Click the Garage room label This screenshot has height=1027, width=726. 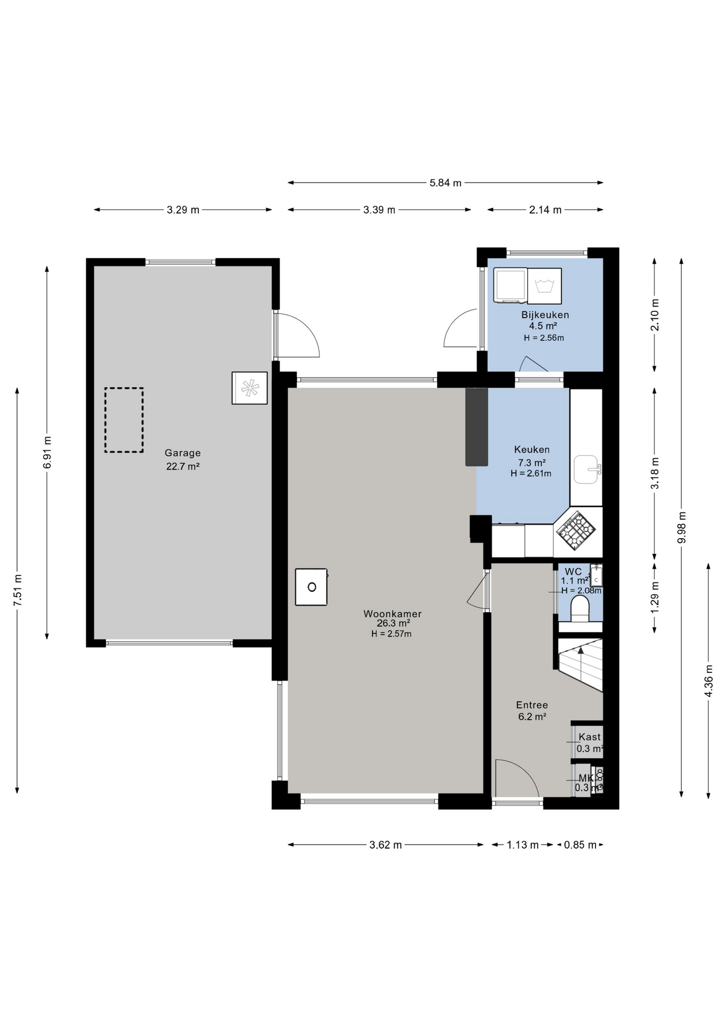click(182, 453)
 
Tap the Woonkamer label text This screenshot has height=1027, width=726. click(392, 614)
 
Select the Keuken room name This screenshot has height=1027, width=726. click(531, 449)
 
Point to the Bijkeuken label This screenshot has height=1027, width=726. click(545, 315)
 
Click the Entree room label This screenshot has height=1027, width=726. click(531, 705)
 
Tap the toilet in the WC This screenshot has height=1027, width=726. click(580, 609)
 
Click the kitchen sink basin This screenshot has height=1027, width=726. click(586, 469)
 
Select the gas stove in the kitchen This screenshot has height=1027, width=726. click(576, 530)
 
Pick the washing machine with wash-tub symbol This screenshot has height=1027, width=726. click(544, 286)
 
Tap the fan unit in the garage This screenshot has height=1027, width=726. click(250, 388)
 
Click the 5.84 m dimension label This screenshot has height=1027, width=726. click(445, 183)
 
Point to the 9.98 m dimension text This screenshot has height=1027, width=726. click(681, 527)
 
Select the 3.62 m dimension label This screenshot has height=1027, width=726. click(385, 845)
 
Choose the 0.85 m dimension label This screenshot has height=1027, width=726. click(580, 845)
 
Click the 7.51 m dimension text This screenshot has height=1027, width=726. click(18, 591)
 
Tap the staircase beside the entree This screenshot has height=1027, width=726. click(581, 665)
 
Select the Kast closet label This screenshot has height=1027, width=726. click(589, 737)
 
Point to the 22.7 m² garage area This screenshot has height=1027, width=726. click(182, 466)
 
